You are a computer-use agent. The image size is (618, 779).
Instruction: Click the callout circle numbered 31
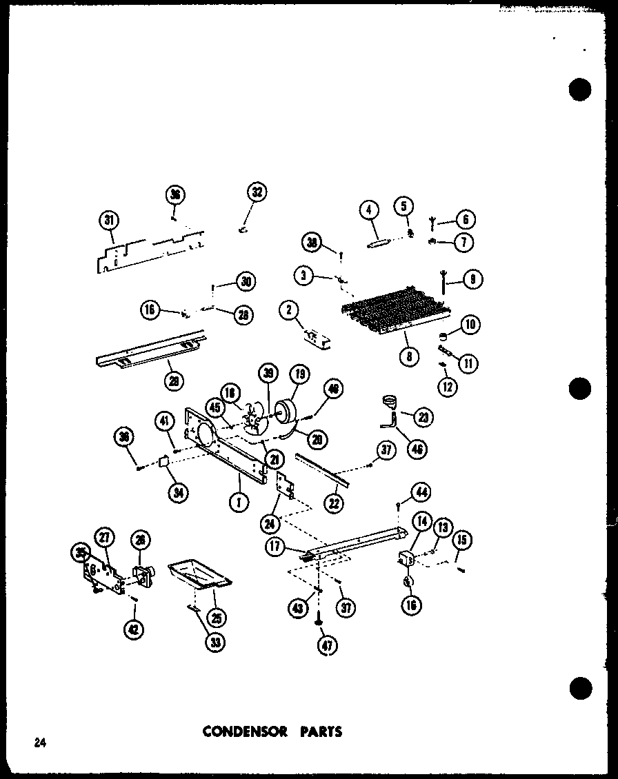(108, 221)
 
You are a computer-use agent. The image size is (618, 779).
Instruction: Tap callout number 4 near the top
(369, 208)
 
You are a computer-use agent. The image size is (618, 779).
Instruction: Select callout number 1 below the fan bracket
(239, 503)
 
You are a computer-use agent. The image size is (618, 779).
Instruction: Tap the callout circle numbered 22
(335, 504)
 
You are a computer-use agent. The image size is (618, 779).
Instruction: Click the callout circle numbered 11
(469, 363)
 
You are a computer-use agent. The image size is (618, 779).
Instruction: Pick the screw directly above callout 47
(320, 620)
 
